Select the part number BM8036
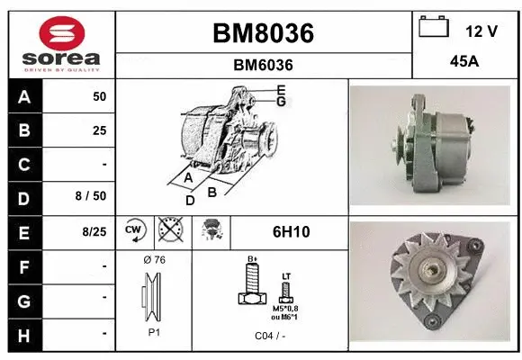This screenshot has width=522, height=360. tap(263, 33)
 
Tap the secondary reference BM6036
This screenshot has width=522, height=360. tap(263, 65)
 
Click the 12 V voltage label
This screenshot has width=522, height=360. tap(481, 31)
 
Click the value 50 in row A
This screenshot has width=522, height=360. tap(99, 96)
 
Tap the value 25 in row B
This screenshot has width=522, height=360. tap(99, 130)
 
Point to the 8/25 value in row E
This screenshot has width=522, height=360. tap(92, 232)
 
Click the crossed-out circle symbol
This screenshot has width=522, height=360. tap(169, 232)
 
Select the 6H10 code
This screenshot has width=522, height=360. tap(290, 232)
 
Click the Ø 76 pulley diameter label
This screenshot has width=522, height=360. tap(154, 260)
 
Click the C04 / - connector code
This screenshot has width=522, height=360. tap(269, 335)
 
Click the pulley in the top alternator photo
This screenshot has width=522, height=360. tap(397, 142)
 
